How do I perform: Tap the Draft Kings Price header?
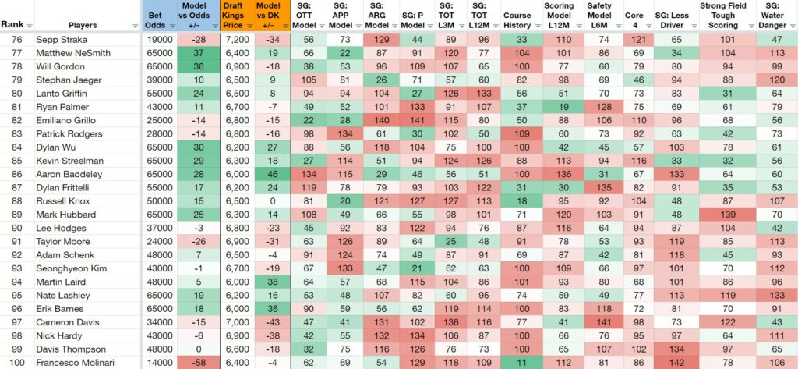pyautogui.click(x=232, y=16)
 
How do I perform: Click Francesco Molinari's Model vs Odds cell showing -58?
pyautogui.click(x=198, y=363)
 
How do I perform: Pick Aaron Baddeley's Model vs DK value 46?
pyautogui.click(x=273, y=174)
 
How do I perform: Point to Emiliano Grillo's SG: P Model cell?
pyautogui.click(x=418, y=120)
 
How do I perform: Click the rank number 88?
pyautogui.click(x=18, y=200)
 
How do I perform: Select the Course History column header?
pyautogui.click(x=517, y=20)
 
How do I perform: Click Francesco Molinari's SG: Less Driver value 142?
pyautogui.click(x=676, y=363)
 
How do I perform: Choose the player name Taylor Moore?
pyautogui.click(x=56, y=242)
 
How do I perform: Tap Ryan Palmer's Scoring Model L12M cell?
pyautogui.click(x=558, y=107)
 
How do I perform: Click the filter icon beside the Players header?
pyautogui.click(x=136, y=26)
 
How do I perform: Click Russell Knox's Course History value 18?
pyautogui.click(x=517, y=200)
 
